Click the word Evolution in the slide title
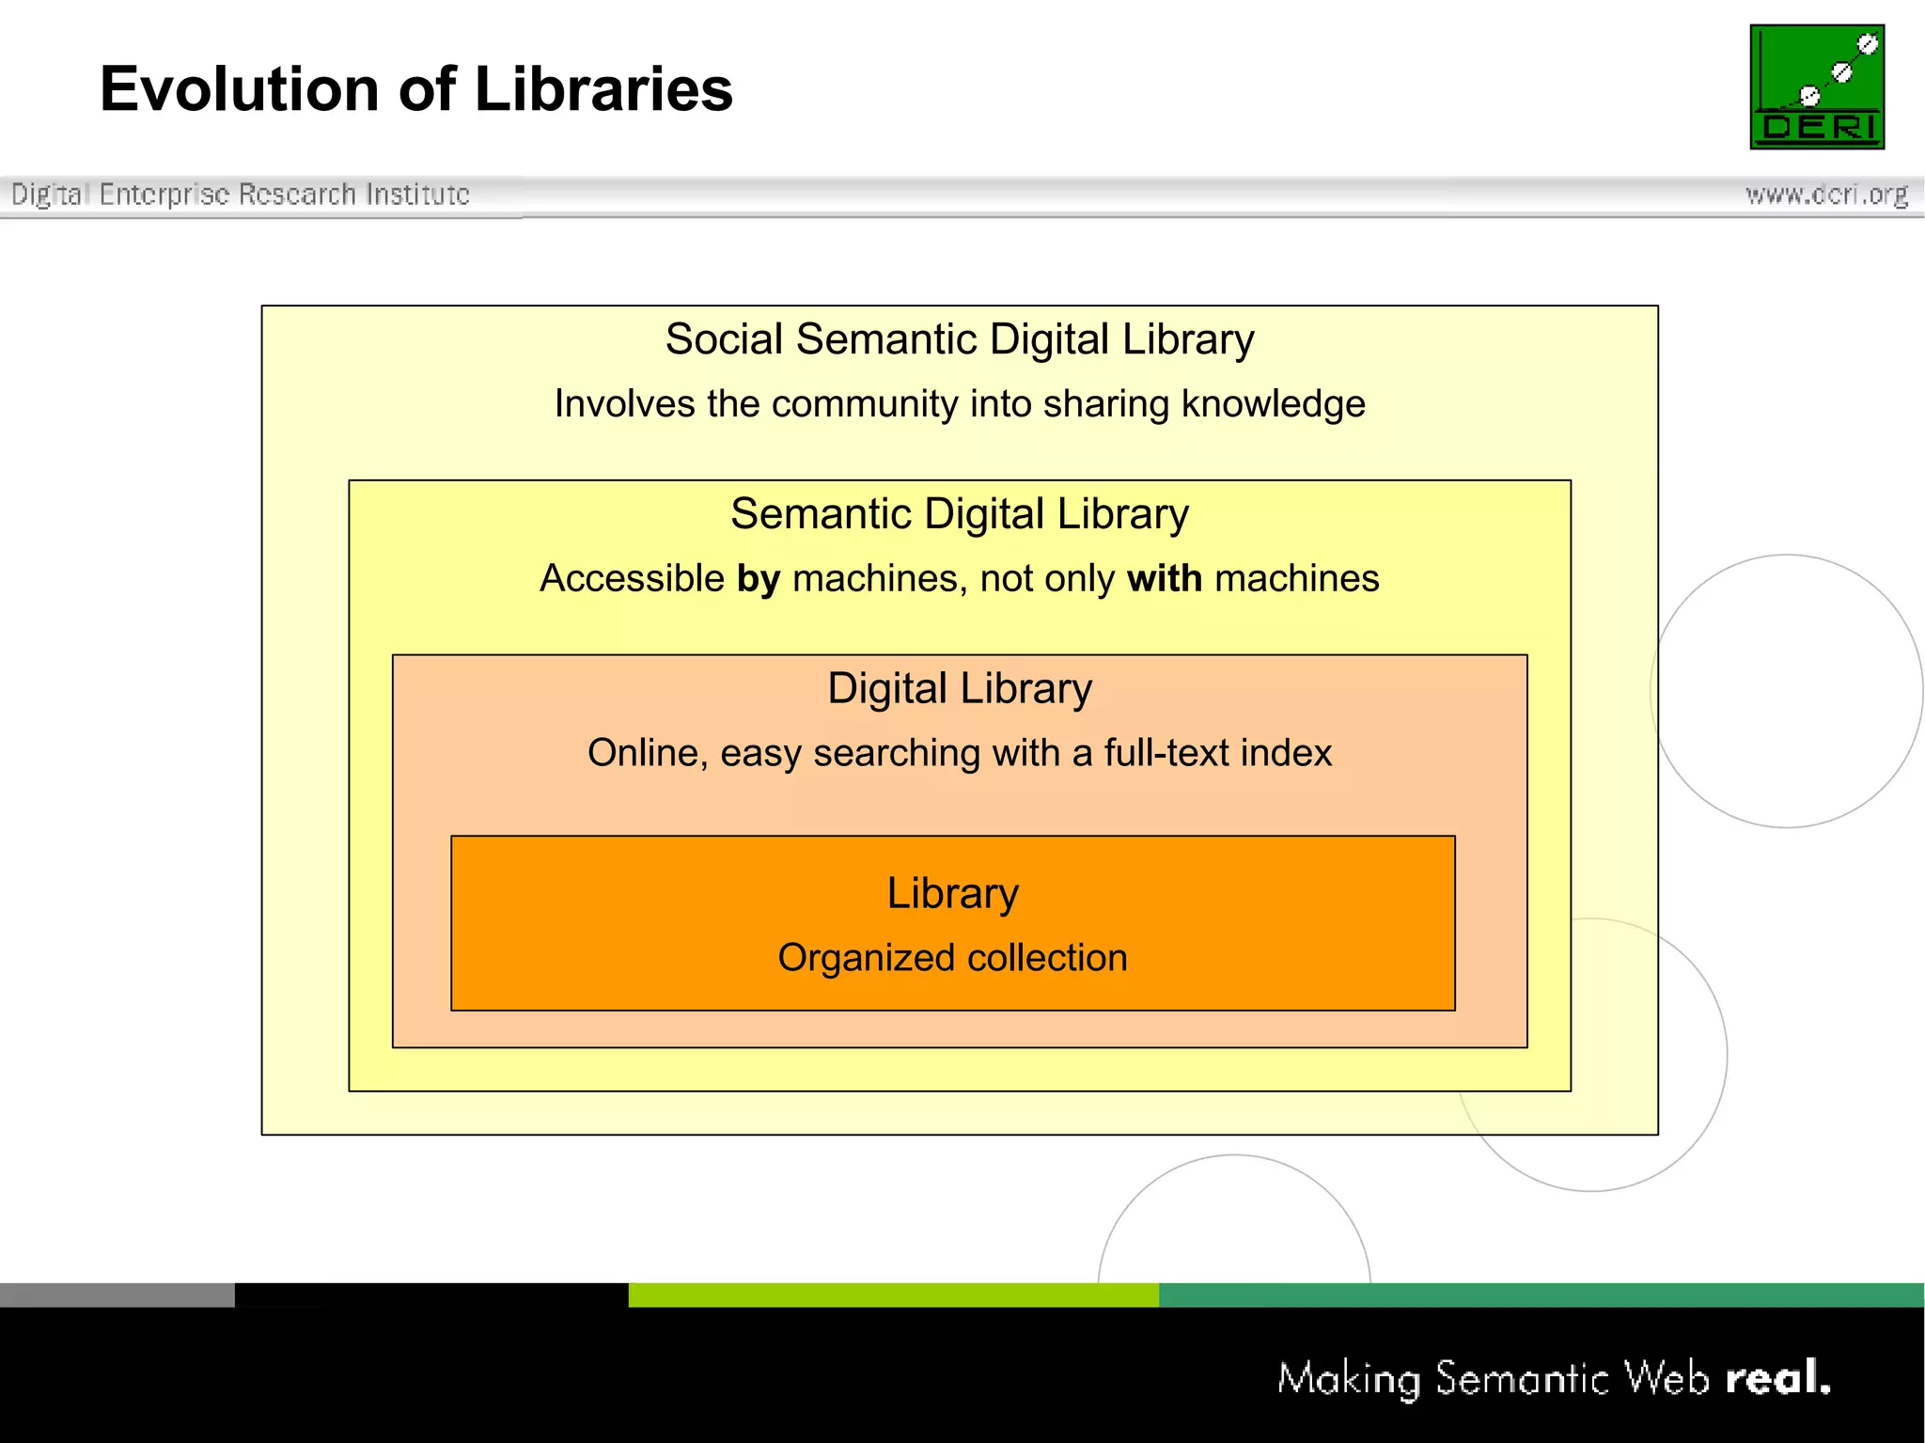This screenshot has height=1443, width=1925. [240, 89]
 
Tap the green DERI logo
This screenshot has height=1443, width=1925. [1816, 86]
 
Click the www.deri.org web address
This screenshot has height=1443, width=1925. [1826, 195]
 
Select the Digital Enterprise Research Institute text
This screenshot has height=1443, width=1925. [240, 195]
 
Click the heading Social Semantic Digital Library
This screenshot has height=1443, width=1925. [960, 339]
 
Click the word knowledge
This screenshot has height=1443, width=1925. [1273, 404]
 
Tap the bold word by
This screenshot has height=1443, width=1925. [759, 579]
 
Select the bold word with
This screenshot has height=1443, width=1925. [1165, 579]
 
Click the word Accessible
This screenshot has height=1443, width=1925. [632, 579]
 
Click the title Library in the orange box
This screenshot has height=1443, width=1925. [952, 893]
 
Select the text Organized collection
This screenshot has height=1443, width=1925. [952, 958]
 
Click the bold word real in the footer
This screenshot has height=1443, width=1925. [1776, 1379]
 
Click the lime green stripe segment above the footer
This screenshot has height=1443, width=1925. [893, 1294]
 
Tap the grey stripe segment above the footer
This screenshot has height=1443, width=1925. [117, 1294]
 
